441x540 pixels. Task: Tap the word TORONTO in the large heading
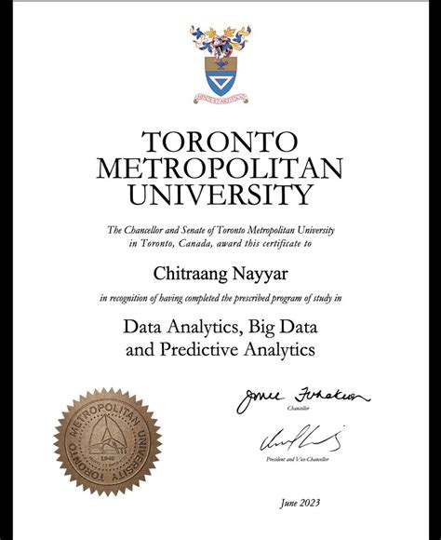[x=220, y=142]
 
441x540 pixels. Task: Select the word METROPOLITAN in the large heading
[x=220, y=169]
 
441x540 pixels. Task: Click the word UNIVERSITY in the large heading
[x=220, y=195]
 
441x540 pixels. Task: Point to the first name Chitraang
[x=189, y=272]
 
